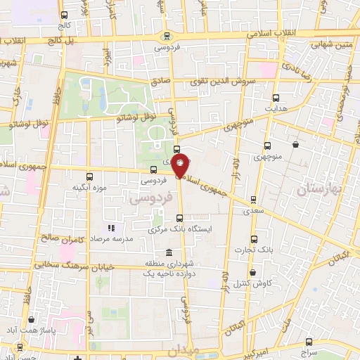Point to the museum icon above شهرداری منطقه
click(x=167, y=252)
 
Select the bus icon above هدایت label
click(x=275, y=98)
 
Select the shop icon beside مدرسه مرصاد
click(x=110, y=229)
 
